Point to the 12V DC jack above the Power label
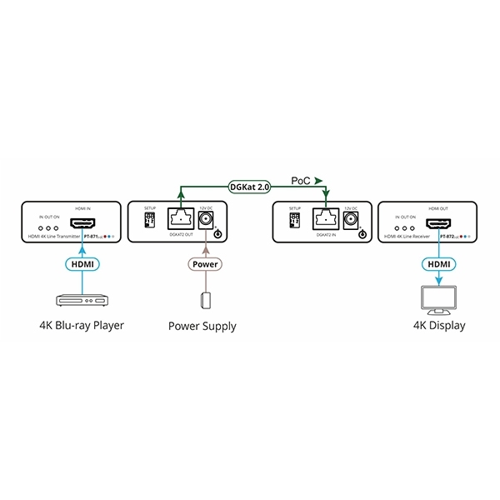click(x=206, y=221)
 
